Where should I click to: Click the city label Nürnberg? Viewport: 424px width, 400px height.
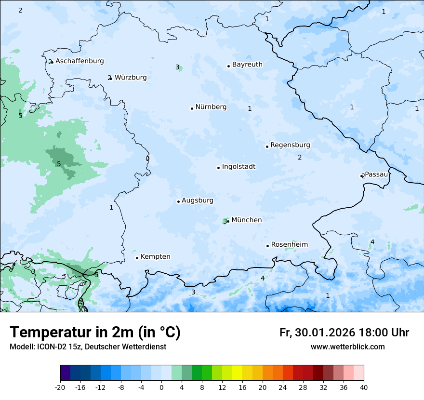pyautogui.click(x=211, y=107)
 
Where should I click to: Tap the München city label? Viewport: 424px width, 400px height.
pyautogui.click(x=246, y=220)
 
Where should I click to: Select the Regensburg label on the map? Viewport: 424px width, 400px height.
pyautogui.click(x=290, y=145)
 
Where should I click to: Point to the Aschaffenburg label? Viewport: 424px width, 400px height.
pyautogui.click(x=79, y=61)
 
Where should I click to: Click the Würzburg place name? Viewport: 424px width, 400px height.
pyautogui.click(x=131, y=78)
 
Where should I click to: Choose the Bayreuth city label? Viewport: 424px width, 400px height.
pyautogui.click(x=247, y=65)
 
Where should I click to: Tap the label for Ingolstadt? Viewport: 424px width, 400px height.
pyautogui.click(x=238, y=167)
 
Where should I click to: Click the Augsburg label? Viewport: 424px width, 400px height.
pyautogui.click(x=198, y=200)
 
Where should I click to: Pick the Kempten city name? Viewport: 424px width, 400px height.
pyautogui.click(x=155, y=257)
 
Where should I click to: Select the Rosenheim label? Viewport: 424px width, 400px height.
pyautogui.click(x=289, y=245)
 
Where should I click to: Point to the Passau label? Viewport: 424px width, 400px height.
pyautogui.click(x=376, y=174)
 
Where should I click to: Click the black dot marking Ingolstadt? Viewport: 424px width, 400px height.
pyautogui.click(x=218, y=168)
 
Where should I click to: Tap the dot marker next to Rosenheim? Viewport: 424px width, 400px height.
pyautogui.click(x=267, y=246)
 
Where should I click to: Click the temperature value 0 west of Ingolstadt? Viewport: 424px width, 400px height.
pyautogui.click(x=147, y=159)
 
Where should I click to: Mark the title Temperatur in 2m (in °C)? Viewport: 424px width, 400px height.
pyautogui.click(x=95, y=333)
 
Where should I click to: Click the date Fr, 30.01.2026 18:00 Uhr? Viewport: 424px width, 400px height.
pyautogui.click(x=344, y=333)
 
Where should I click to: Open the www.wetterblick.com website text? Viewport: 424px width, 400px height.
pyautogui.click(x=347, y=347)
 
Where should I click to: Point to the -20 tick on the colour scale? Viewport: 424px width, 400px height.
pyautogui.click(x=60, y=387)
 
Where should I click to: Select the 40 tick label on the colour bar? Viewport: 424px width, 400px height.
pyautogui.click(x=363, y=387)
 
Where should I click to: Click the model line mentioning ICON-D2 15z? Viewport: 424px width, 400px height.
pyautogui.click(x=88, y=347)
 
